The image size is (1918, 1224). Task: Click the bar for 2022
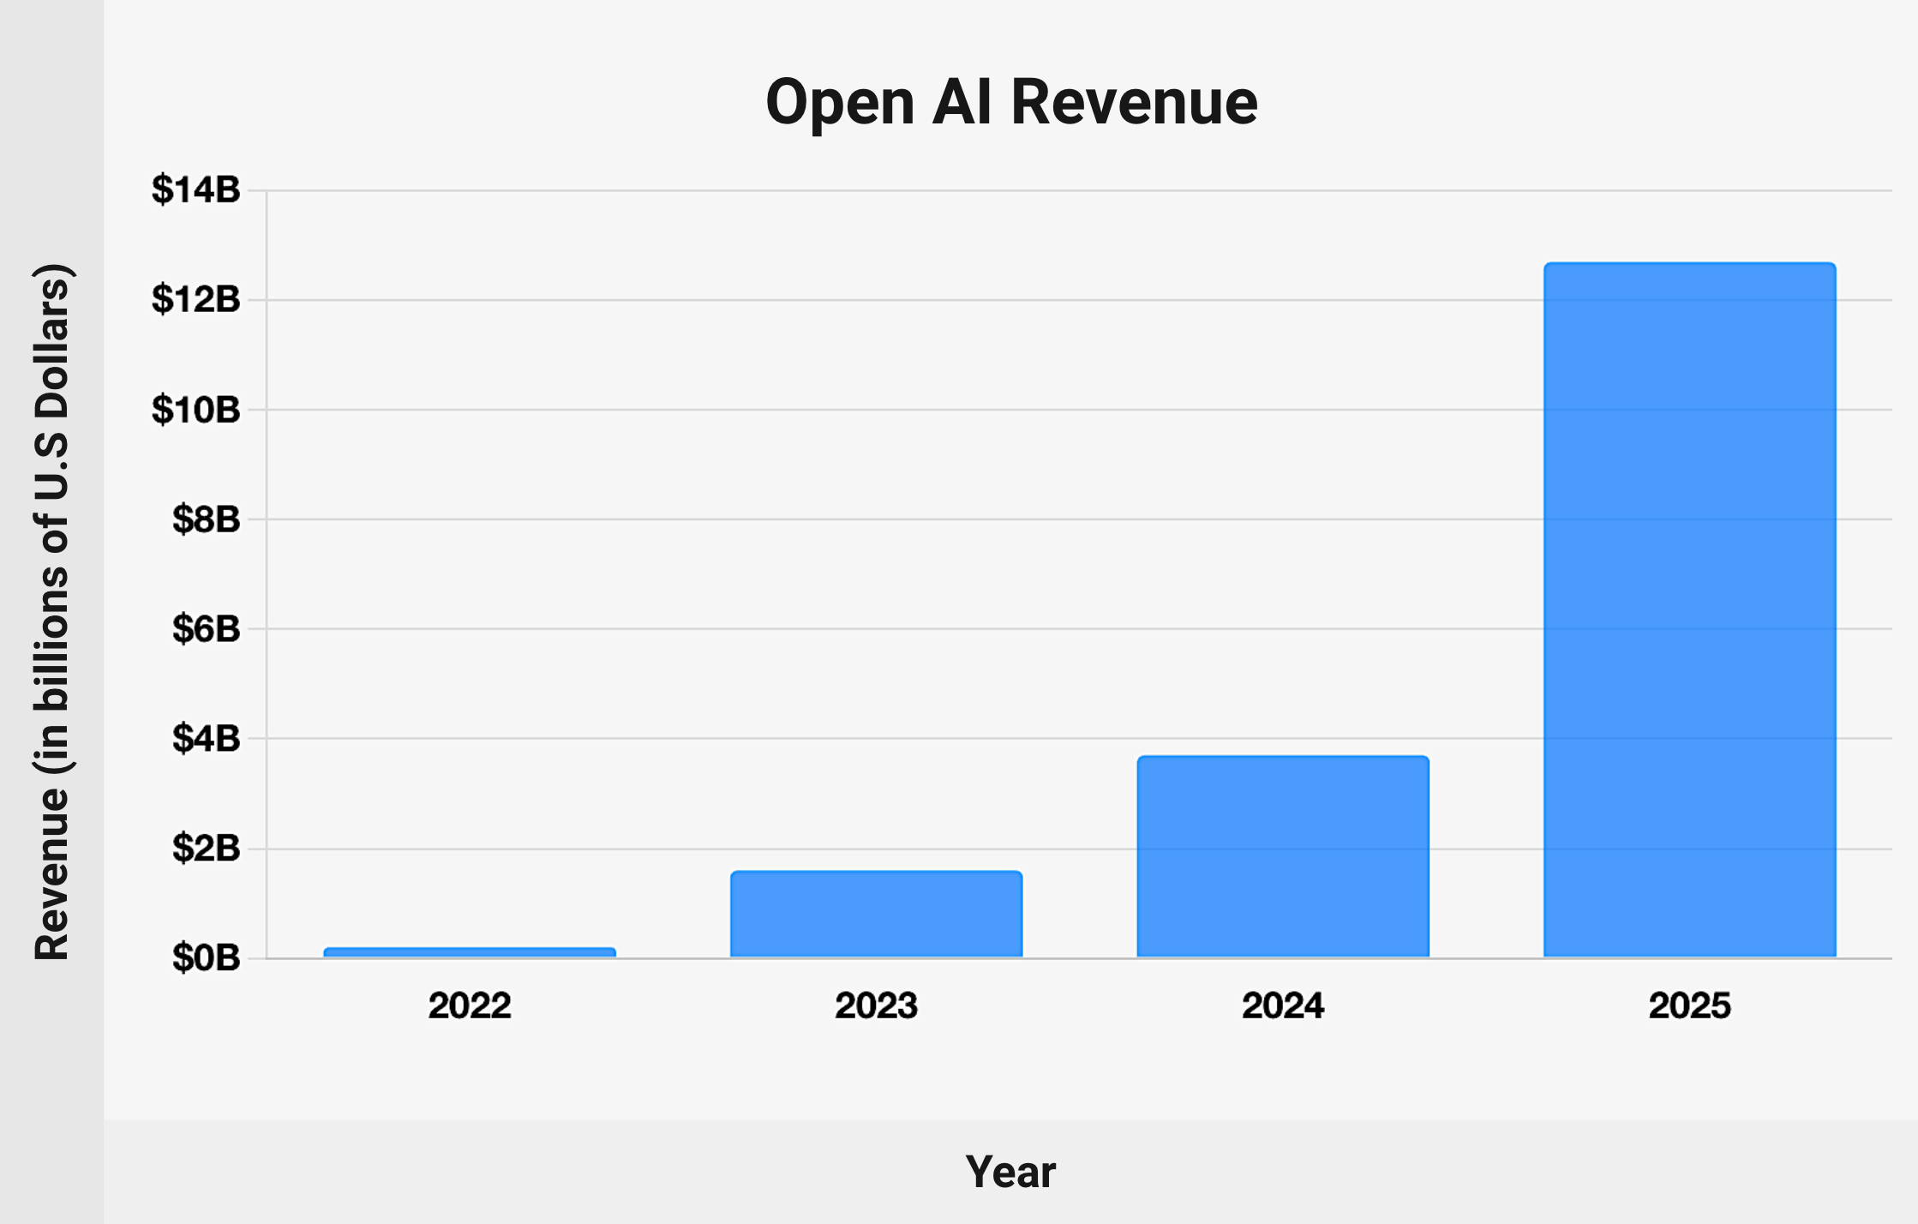tap(470, 952)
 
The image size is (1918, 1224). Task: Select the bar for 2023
tap(876, 914)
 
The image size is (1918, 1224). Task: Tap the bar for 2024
tap(1283, 856)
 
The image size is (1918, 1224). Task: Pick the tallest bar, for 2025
tap(1689, 609)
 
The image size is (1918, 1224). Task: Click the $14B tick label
tap(196, 189)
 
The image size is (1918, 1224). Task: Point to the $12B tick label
tap(196, 299)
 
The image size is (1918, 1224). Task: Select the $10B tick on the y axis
tap(196, 410)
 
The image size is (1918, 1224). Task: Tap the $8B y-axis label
tap(207, 519)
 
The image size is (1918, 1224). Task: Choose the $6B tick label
tap(207, 629)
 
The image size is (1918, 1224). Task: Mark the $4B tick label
tap(207, 738)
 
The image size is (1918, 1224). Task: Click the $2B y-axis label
tap(207, 849)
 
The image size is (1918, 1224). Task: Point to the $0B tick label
tap(207, 958)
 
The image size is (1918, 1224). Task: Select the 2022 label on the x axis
tap(470, 1005)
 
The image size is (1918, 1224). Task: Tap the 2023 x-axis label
tap(876, 1005)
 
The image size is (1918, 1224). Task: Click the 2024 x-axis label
tap(1283, 1005)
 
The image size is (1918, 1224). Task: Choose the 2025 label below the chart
tap(1689, 1005)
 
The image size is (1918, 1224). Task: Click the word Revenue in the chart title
tap(1134, 102)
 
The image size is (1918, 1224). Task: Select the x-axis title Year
tap(1010, 1172)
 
